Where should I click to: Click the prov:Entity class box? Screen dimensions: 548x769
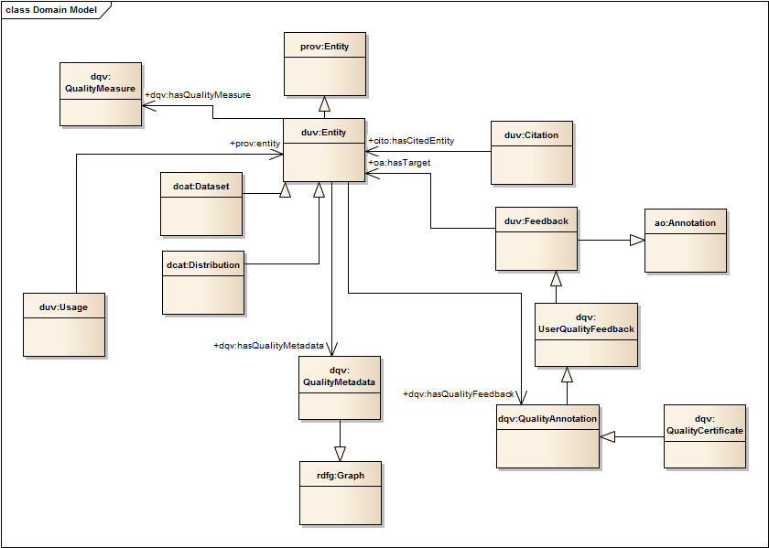[x=324, y=63]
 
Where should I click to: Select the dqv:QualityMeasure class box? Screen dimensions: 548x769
[x=101, y=93]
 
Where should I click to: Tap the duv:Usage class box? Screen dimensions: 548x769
[x=64, y=324]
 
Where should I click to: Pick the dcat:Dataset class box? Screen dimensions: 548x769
[x=201, y=203]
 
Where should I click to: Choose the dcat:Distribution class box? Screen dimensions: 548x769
[x=203, y=282]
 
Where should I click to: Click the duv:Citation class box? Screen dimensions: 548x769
[x=532, y=152]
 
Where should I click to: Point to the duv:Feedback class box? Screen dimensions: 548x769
[x=536, y=238]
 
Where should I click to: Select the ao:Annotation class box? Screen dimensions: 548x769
[x=686, y=240]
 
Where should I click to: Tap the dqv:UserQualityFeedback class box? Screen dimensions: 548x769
[x=586, y=334]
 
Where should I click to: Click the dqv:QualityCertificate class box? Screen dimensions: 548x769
[x=705, y=435]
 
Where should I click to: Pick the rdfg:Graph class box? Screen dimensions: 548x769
[x=341, y=492]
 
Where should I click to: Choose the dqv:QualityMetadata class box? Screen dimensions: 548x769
[x=340, y=387]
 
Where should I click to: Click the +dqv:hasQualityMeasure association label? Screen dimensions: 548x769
[x=198, y=94]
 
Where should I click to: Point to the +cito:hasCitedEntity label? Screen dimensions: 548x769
[x=411, y=141]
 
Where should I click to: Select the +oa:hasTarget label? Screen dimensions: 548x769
[x=399, y=163]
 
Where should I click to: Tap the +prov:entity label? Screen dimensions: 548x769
[x=255, y=144]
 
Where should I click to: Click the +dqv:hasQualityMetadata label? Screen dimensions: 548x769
[x=269, y=346]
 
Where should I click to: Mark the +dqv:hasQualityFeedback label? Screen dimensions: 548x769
[x=459, y=393]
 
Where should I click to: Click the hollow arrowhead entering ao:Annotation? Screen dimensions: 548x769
[x=637, y=240]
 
